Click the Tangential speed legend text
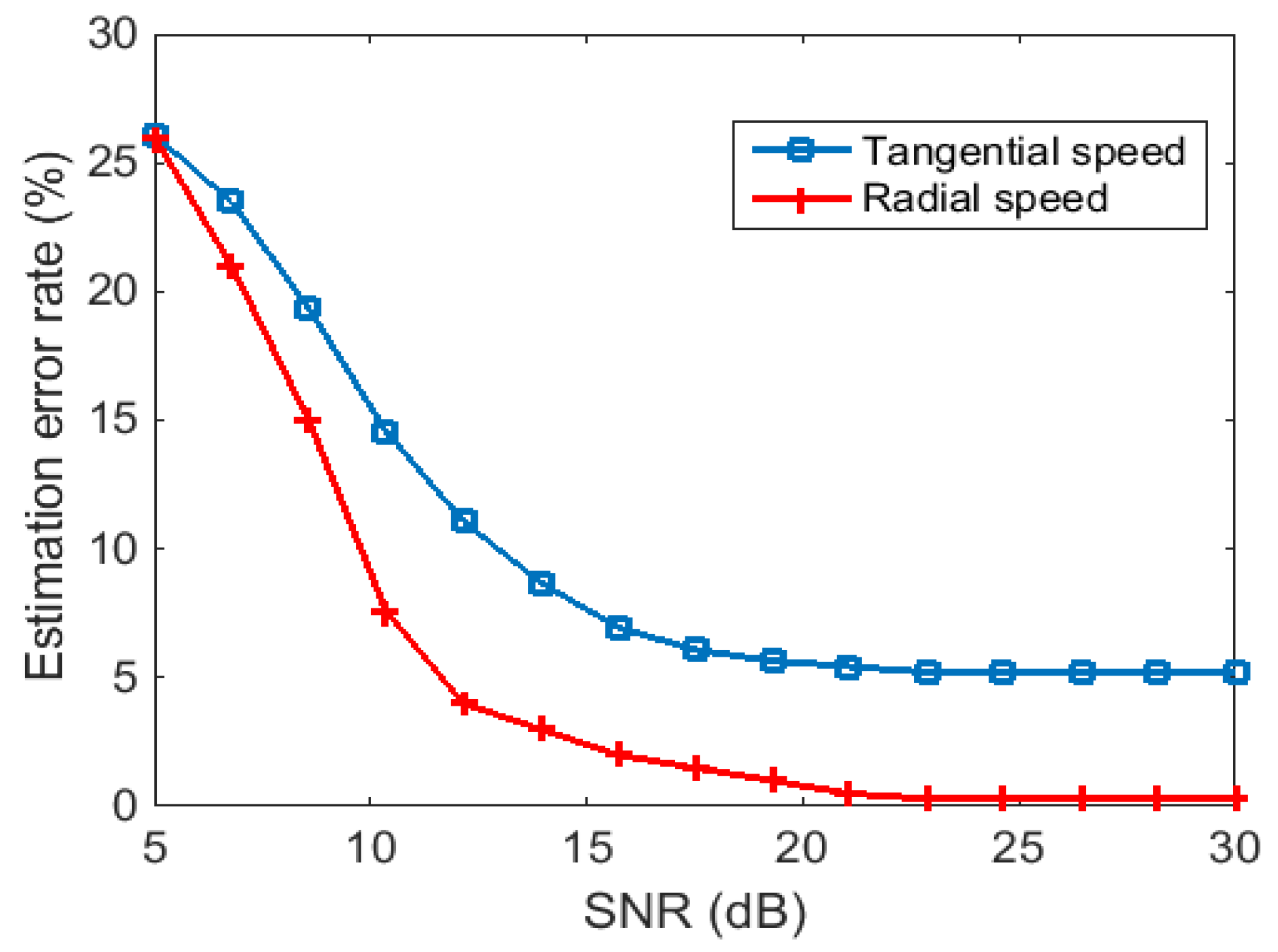[x=1023, y=152]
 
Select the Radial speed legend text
[x=985, y=198]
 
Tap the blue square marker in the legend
[x=801, y=150]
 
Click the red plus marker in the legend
[x=801, y=198]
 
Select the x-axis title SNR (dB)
[x=695, y=911]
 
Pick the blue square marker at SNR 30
[x=1236, y=672]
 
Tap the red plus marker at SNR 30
[x=1234, y=798]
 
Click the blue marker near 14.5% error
[x=385, y=432]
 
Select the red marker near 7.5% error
[x=385, y=613]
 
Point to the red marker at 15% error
[x=307, y=421]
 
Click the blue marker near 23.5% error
[x=230, y=201]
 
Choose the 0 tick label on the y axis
[x=125, y=805]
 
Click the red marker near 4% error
[x=464, y=703]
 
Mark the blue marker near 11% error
[x=464, y=521]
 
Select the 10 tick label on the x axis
[x=370, y=848]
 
